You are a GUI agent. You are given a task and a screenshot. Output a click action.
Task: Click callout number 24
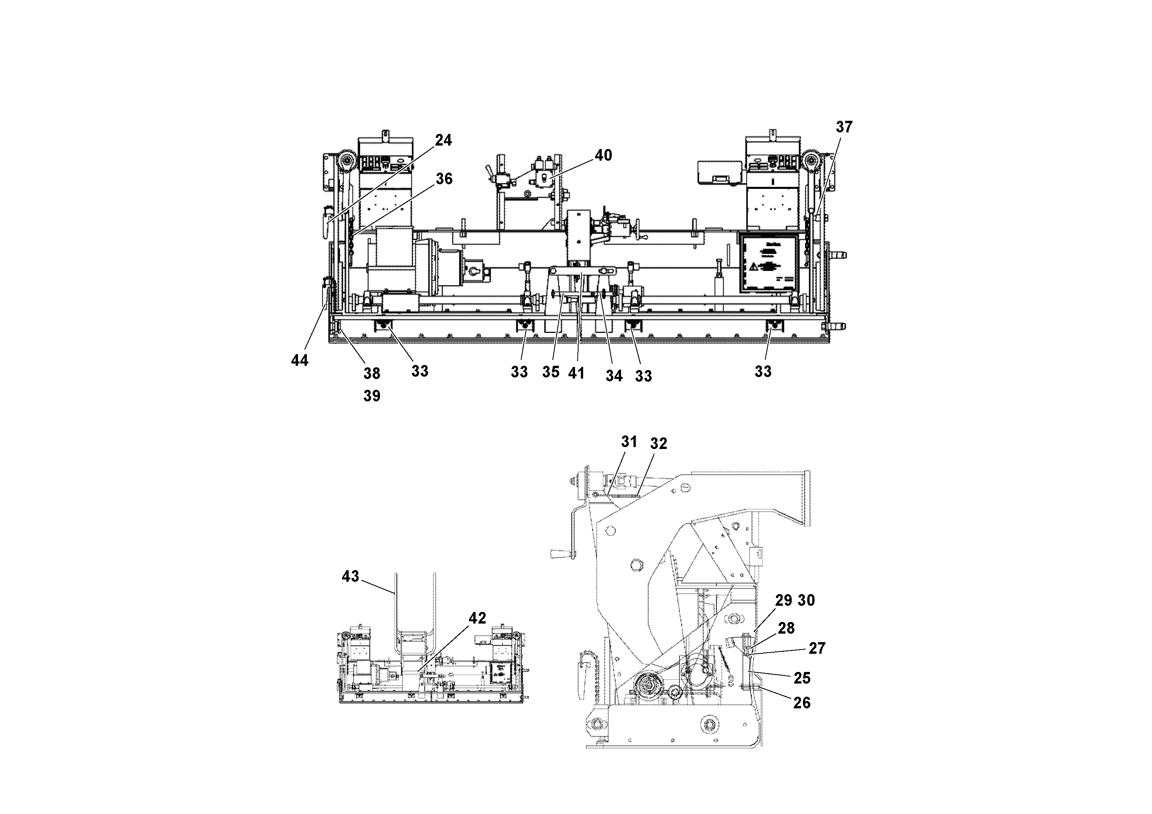click(443, 141)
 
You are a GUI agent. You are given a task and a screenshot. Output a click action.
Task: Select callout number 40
click(603, 156)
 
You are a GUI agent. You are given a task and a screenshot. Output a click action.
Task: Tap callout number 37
click(844, 127)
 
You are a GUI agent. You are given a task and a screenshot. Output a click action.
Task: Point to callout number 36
click(444, 179)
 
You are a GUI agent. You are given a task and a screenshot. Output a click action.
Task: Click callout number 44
click(300, 360)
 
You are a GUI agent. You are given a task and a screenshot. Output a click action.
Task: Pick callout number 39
click(372, 396)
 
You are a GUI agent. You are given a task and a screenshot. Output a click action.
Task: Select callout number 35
click(550, 372)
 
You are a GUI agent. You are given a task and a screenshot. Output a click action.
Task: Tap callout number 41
click(576, 374)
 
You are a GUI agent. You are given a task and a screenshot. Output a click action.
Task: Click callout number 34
click(614, 376)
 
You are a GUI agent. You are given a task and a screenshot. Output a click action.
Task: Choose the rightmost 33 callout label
click(763, 372)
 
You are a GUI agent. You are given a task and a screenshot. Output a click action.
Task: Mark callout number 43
click(350, 577)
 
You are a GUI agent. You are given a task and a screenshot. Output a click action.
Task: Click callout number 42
click(477, 618)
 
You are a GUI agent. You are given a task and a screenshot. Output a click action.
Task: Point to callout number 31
click(629, 442)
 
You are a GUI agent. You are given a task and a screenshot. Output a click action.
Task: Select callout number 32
click(658, 444)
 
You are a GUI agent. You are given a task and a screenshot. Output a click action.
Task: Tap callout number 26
click(802, 703)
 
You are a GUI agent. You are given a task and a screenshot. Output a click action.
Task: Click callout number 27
click(817, 648)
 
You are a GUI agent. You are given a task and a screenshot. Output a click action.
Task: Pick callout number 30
click(806, 600)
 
